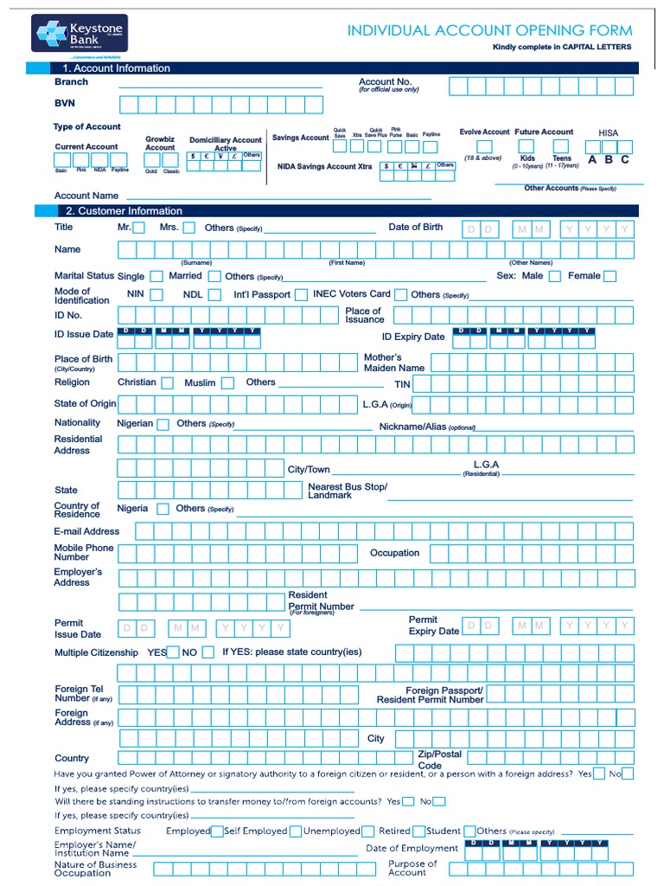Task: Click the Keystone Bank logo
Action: click(80, 33)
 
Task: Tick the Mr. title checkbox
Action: click(138, 228)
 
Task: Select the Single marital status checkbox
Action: click(156, 277)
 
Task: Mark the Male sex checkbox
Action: click(554, 277)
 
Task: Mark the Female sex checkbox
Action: click(610, 277)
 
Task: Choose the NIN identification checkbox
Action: click(156, 295)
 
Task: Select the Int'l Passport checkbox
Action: click(301, 295)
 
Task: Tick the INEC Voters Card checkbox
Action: click(399, 295)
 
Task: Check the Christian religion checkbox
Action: click(168, 382)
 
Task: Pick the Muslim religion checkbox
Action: click(227, 382)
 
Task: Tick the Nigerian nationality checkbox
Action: click(163, 424)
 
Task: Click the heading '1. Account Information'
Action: click(116, 68)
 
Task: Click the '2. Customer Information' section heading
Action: click(124, 211)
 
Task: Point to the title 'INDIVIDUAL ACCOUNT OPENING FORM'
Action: click(489, 30)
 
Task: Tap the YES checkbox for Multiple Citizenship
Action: click(174, 652)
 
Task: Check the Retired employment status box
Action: click(419, 831)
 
